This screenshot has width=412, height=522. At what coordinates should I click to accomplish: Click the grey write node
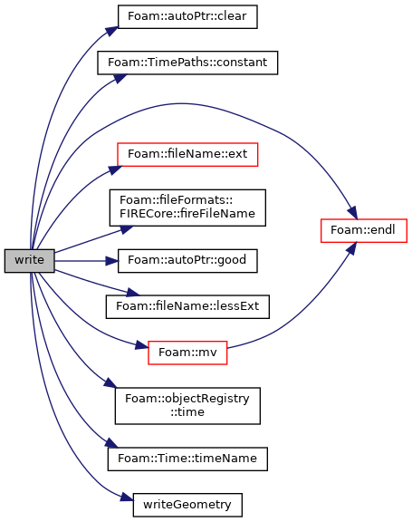(29, 261)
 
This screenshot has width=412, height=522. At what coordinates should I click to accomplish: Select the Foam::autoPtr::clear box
(187, 16)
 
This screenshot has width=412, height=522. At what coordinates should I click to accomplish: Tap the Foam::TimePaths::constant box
(187, 63)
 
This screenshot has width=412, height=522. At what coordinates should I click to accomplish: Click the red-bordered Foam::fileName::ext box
(187, 154)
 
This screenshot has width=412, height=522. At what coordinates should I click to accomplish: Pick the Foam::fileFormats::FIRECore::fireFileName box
(187, 208)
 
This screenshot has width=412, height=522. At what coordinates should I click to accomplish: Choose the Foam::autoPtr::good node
(187, 261)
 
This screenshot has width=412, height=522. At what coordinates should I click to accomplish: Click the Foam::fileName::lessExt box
(187, 306)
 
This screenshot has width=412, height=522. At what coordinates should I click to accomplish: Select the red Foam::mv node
(187, 353)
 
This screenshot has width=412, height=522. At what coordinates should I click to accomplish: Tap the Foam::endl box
(364, 231)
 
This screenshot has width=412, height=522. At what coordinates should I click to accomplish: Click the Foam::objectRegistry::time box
(187, 406)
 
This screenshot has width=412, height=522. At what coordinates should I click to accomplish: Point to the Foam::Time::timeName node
(187, 459)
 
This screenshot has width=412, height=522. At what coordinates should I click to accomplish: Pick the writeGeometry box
(187, 505)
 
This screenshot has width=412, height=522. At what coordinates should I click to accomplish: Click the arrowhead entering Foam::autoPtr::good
(111, 261)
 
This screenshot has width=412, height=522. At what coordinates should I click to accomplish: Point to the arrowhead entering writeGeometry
(127, 498)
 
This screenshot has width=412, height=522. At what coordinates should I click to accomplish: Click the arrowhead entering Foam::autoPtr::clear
(112, 32)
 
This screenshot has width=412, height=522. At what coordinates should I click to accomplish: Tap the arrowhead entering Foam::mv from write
(141, 345)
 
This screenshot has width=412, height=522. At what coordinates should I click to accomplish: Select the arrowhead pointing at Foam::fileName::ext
(115, 169)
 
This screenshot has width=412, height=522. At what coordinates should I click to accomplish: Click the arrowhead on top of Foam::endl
(353, 213)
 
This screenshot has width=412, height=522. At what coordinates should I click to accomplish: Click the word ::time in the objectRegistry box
(187, 412)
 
